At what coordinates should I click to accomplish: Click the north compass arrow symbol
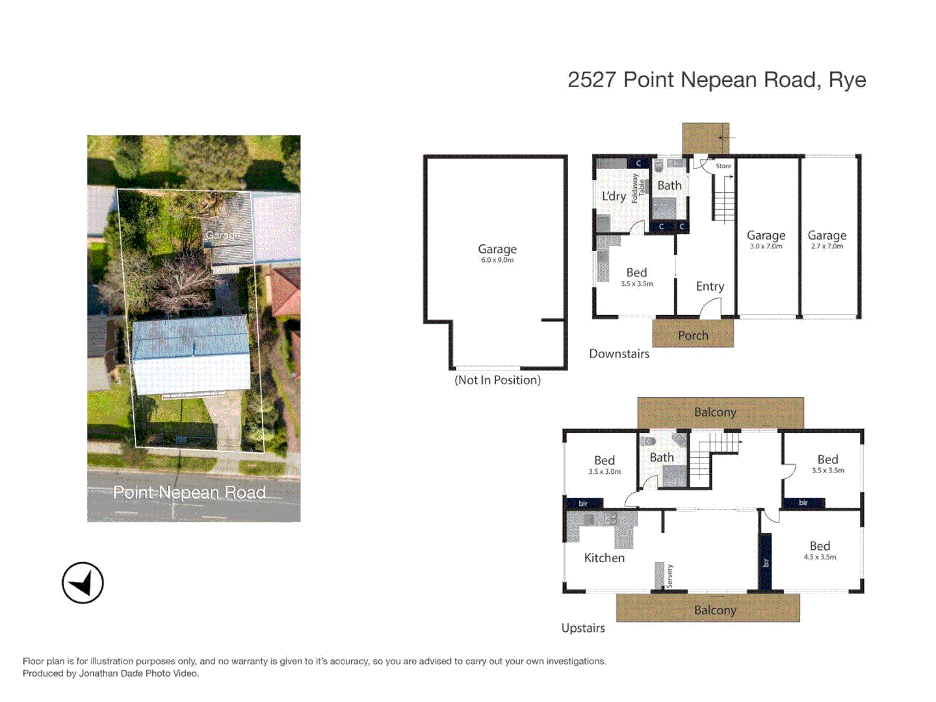click(x=83, y=582)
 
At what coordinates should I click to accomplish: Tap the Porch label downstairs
click(x=693, y=335)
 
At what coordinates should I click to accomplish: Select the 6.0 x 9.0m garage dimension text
click(x=497, y=260)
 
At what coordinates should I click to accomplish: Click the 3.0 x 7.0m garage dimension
click(x=766, y=246)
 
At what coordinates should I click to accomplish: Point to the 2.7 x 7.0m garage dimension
click(x=827, y=246)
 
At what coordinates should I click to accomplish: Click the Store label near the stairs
click(x=723, y=166)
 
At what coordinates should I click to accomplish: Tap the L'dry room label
click(x=614, y=196)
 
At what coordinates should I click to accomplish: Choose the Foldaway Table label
click(x=638, y=188)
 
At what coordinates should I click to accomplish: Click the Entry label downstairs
click(x=710, y=286)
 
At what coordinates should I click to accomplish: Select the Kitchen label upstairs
click(x=604, y=558)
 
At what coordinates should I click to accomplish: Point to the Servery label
click(x=669, y=576)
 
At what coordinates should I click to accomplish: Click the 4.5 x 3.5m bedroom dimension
click(x=820, y=557)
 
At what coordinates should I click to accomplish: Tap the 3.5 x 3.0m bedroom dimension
click(x=604, y=472)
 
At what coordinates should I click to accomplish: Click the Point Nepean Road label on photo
click(x=189, y=493)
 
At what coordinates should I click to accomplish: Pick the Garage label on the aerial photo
click(x=222, y=235)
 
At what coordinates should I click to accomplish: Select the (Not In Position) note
click(x=497, y=380)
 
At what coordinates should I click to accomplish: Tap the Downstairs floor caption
click(x=619, y=354)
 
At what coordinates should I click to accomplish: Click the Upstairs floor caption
click(x=583, y=628)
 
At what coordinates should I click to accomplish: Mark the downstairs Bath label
click(x=669, y=186)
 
